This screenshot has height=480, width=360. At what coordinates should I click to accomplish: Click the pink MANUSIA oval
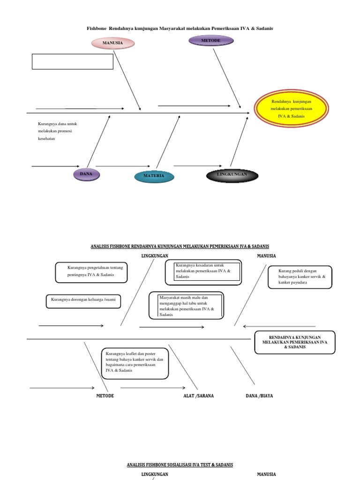point(112,43)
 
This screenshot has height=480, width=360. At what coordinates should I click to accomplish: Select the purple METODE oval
point(211,41)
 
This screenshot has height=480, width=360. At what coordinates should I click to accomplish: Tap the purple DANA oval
point(86,174)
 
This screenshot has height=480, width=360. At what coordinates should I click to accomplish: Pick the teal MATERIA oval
point(154,176)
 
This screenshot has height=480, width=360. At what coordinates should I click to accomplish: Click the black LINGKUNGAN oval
point(232,175)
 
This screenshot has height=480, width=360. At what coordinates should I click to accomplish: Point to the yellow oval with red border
point(291,108)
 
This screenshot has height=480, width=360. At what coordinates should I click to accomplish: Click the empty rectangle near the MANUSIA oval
point(73,61)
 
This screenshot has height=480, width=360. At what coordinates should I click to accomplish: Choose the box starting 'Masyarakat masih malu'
point(186,306)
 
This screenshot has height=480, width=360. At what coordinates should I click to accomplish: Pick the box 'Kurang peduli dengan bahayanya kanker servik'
point(300,277)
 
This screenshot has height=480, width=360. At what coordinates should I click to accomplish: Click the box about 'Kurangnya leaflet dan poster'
point(135,362)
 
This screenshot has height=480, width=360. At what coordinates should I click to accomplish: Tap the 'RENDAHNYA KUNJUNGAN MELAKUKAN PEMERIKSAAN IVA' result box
point(295,343)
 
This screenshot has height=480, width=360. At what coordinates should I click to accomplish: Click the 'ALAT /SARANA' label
point(198,396)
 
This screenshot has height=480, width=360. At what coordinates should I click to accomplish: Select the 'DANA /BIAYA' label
point(259,396)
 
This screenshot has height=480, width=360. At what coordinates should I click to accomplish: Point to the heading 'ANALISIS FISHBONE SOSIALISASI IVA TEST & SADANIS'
point(180,465)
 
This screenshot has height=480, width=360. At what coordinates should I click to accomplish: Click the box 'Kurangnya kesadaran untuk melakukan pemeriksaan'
point(203,272)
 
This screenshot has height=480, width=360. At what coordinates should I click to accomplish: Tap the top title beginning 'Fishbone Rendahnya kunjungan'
point(180,29)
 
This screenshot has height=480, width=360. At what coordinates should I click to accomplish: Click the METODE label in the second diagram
point(105,396)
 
